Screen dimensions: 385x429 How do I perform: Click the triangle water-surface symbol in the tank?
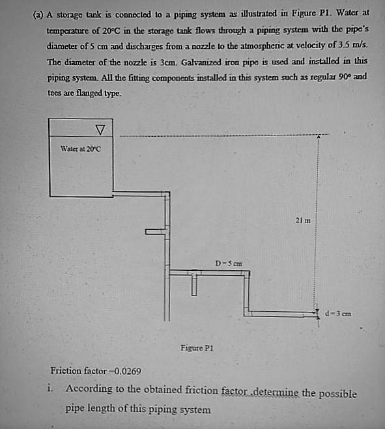(x=100, y=127)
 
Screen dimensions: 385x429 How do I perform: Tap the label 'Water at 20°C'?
(x=81, y=148)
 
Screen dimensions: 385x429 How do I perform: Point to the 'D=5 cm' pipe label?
(x=229, y=263)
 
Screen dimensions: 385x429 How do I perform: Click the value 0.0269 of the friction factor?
(x=128, y=372)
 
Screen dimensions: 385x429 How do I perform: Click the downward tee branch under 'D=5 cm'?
(x=193, y=284)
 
